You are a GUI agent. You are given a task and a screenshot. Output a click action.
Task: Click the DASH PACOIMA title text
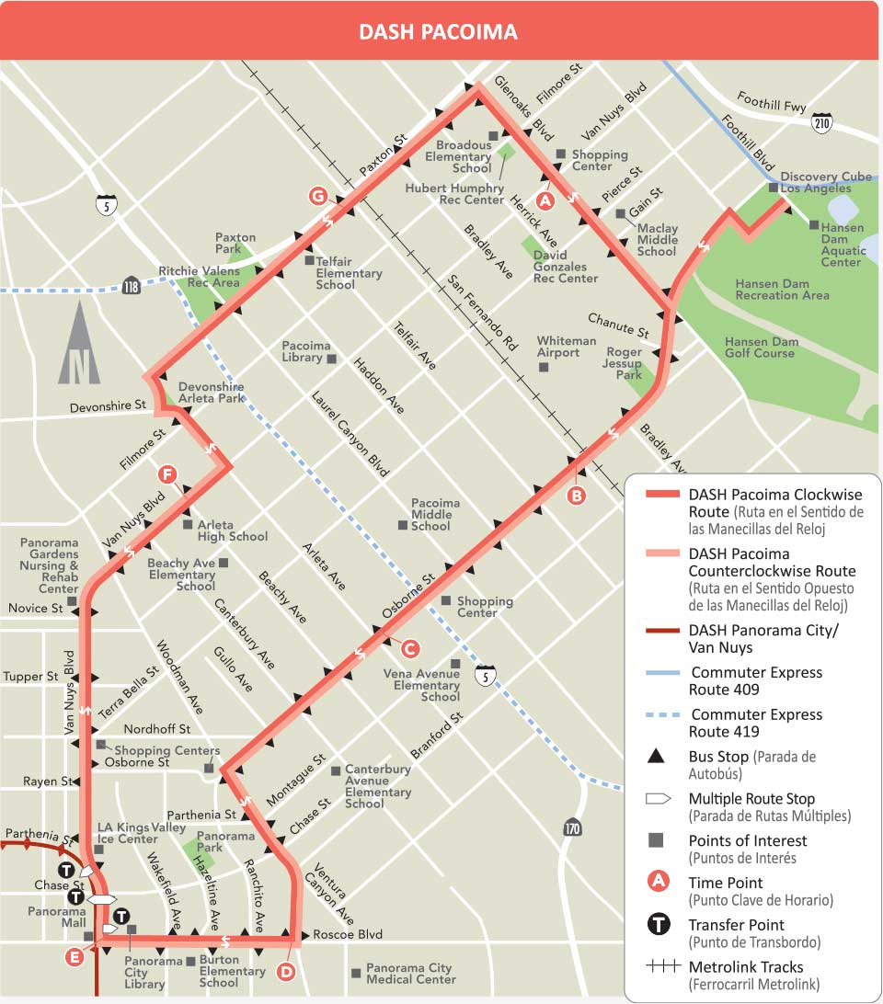438,32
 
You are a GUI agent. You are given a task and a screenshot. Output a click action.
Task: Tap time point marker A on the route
545,199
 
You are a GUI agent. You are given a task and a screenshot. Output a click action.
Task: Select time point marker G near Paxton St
318,196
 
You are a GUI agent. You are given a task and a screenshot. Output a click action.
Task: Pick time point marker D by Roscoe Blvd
285,971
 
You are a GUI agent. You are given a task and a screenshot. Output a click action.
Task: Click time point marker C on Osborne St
410,648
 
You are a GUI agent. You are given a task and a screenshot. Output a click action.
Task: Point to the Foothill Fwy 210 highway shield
821,121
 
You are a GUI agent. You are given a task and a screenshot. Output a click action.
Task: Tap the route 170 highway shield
573,827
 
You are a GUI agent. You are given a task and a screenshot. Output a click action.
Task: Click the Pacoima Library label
305,351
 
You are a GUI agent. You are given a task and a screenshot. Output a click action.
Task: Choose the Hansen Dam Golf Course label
760,347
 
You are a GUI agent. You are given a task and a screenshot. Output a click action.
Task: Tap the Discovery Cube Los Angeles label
825,182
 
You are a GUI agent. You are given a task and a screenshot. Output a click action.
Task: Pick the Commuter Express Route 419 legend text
756,723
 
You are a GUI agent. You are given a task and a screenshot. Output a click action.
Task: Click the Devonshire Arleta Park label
212,393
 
